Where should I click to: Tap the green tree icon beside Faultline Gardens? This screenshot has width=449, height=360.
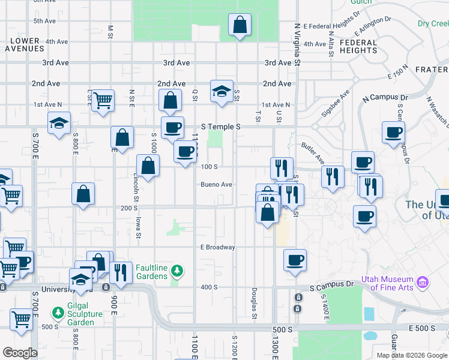point(176,272)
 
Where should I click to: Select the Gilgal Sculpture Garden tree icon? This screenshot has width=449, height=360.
point(58,313)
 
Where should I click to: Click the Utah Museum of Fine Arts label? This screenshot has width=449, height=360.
point(387,283)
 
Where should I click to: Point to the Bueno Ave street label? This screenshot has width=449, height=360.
point(216,185)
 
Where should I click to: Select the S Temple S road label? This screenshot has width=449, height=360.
point(220,127)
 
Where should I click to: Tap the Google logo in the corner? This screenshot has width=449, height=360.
point(20,353)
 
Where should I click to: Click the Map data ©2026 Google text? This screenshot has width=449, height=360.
point(411,355)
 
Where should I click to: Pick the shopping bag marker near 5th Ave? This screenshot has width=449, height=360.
point(240,26)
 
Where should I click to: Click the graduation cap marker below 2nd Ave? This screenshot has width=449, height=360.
point(221,92)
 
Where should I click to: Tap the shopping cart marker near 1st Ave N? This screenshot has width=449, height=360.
point(103,100)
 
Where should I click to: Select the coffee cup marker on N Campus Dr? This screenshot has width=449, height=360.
point(393,133)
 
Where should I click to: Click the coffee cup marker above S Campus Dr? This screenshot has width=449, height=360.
point(294,260)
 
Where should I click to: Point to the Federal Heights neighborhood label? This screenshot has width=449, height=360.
point(358,47)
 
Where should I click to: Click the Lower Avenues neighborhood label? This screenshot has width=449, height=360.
point(25,45)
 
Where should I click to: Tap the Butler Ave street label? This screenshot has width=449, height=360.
point(313,154)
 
